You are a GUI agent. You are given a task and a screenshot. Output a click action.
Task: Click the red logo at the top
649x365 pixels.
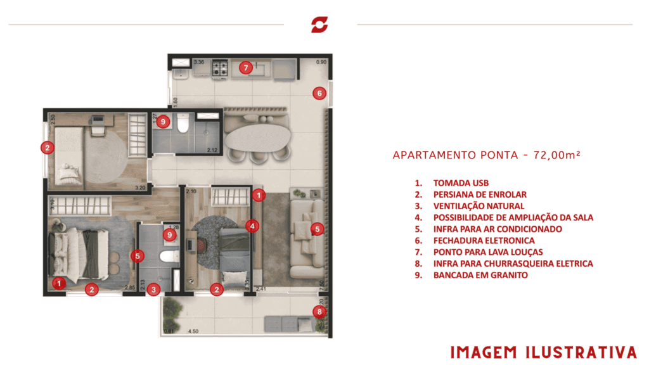320,25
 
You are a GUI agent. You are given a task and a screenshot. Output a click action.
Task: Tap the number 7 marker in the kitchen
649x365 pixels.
245,67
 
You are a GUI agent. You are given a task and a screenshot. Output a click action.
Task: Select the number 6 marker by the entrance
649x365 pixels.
319,93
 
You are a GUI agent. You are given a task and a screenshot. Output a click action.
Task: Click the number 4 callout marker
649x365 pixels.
252,226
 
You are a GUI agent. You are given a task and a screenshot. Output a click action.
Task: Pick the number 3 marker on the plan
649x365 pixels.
155,290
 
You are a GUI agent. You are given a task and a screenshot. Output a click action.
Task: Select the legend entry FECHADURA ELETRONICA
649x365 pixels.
484,241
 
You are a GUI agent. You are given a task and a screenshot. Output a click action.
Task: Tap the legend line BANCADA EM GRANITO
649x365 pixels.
480,275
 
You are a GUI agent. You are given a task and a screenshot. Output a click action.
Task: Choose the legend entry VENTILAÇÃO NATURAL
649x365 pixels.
479,206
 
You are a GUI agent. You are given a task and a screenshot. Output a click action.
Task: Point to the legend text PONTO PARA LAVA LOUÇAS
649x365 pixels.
487,252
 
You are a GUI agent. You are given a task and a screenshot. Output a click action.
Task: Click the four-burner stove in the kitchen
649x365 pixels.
220,68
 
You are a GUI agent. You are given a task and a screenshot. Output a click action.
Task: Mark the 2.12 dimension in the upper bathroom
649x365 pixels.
212,150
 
